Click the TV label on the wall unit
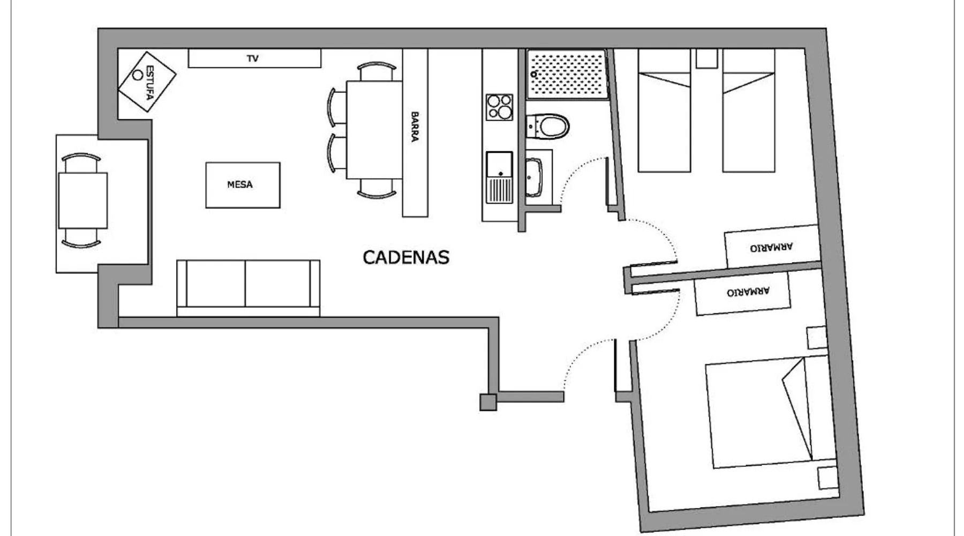[253, 58]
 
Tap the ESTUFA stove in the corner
[147, 82]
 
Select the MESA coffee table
[243, 185]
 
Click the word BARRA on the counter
[415, 126]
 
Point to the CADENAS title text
[406, 257]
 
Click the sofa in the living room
[248, 288]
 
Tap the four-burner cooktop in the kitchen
[499, 107]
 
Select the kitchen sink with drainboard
[499, 177]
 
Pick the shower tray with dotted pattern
[567, 74]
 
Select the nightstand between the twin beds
[706, 58]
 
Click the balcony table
[82, 200]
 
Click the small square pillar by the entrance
[488, 402]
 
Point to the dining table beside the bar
[374, 129]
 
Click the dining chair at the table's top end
[377, 71]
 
